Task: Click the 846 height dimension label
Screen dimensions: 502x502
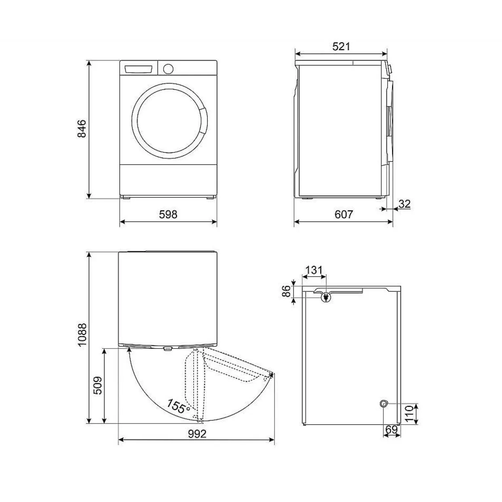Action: click(82, 129)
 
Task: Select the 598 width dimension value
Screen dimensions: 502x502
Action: click(168, 215)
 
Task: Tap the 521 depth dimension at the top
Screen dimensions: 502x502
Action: click(341, 47)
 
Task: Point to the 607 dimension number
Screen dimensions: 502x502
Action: click(344, 215)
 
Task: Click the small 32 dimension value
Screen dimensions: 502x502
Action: click(404, 204)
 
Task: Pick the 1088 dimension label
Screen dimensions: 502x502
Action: click(82, 335)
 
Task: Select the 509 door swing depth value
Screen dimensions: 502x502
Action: click(97, 385)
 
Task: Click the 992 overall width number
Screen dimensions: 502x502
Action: click(197, 434)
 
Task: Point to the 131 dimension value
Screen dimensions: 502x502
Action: click(314, 270)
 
